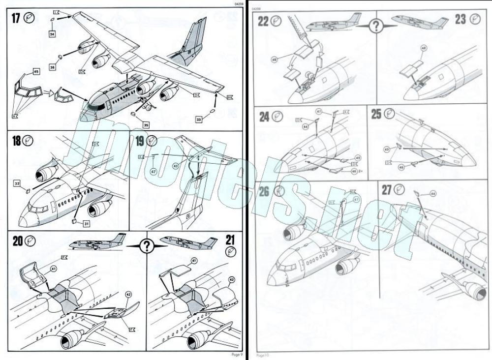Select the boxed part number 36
[x=52, y=66]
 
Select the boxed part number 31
[x=86, y=224]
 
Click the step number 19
[x=140, y=142]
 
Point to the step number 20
[x=17, y=241]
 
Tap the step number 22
[x=263, y=20]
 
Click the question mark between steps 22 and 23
[x=376, y=26]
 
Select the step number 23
[x=460, y=20]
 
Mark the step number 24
[x=264, y=117]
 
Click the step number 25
[x=376, y=114]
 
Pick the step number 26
[x=264, y=191]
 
